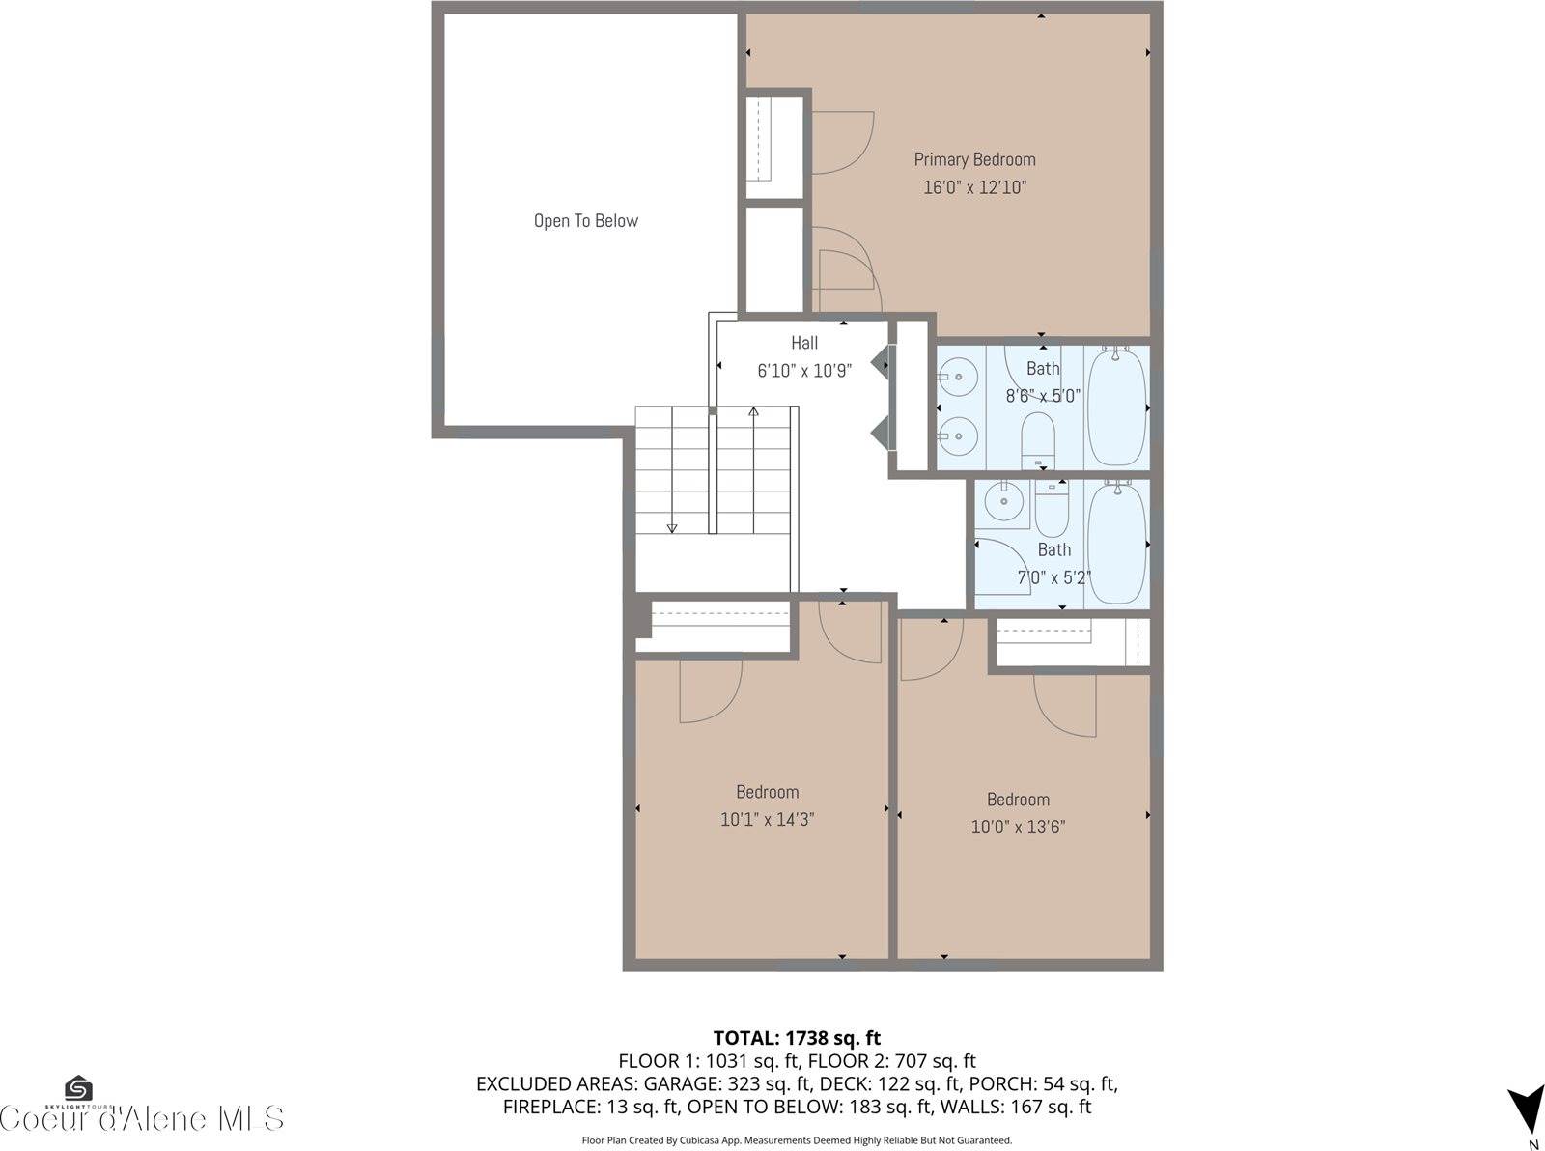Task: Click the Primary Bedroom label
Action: coord(974,159)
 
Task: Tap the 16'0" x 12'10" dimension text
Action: coord(974,187)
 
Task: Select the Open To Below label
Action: coord(586,221)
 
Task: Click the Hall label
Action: coord(804,343)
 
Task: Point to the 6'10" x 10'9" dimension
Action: coord(804,371)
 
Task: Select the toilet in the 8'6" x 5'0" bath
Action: coord(1039,439)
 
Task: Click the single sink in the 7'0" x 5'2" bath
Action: coord(1004,501)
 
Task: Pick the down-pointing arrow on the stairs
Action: coord(672,527)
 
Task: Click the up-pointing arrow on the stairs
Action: coord(753,412)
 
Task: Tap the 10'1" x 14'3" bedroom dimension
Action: coord(767,820)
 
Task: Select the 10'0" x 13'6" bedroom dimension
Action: coord(1018,828)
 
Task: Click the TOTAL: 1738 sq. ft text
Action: coord(797,1038)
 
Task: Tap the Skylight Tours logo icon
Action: coord(79,1089)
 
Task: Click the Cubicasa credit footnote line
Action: coord(797,1140)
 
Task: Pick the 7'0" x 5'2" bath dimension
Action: coord(1054,578)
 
